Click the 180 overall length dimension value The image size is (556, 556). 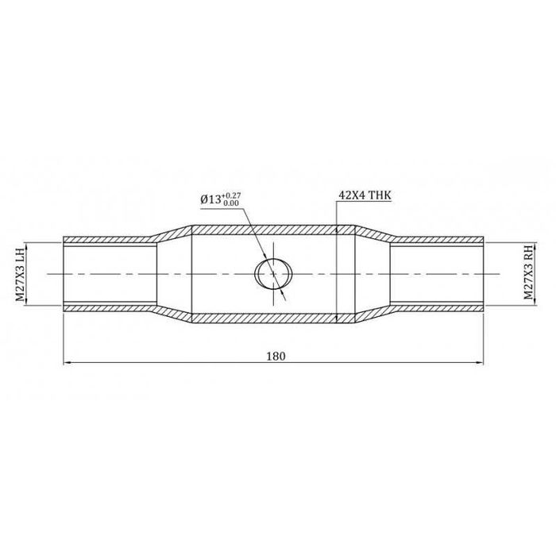tap(276, 356)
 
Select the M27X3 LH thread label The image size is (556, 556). tap(20, 273)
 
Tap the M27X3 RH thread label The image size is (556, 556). tap(528, 273)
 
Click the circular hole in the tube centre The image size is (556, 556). tap(272, 273)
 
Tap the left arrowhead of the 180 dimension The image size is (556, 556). tap(67, 363)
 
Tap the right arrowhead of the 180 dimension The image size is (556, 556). tap(480, 363)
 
